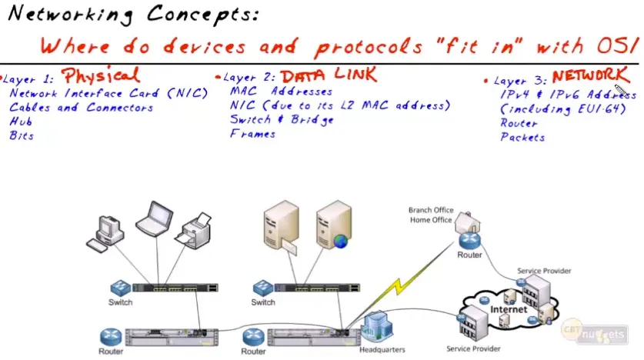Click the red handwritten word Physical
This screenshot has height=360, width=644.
[x=100, y=75]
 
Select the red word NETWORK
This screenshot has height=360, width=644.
[x=589, y=76]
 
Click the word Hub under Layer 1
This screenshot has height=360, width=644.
[x=21, y=122]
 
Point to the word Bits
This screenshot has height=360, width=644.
[x=22, y=136]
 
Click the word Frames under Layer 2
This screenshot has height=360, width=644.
[x=252, y=134]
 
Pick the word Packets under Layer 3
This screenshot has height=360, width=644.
[x=522, y=138]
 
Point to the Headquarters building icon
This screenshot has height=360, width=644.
[x=378, y=327]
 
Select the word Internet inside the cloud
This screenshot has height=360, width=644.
[x=509, y=309]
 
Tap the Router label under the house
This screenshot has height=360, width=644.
[x=469, y=255]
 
